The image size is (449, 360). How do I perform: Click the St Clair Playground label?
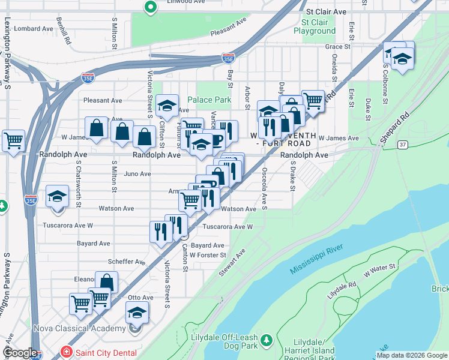point(315,26)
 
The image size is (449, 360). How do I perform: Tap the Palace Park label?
point(209,100)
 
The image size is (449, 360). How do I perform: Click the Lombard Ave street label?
point(34,28)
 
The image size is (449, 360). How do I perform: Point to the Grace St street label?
point(337,46)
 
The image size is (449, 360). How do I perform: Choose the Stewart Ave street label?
point(232,263)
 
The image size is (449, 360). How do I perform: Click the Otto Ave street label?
point(140,297)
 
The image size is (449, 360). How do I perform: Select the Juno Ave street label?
point(137,174)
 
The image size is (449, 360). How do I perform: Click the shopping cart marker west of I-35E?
point(13,141)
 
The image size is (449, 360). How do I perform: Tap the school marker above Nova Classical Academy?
point(137,312)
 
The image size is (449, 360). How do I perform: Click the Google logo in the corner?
point(19,353)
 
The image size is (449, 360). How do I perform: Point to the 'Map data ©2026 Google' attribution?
point(412,355)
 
